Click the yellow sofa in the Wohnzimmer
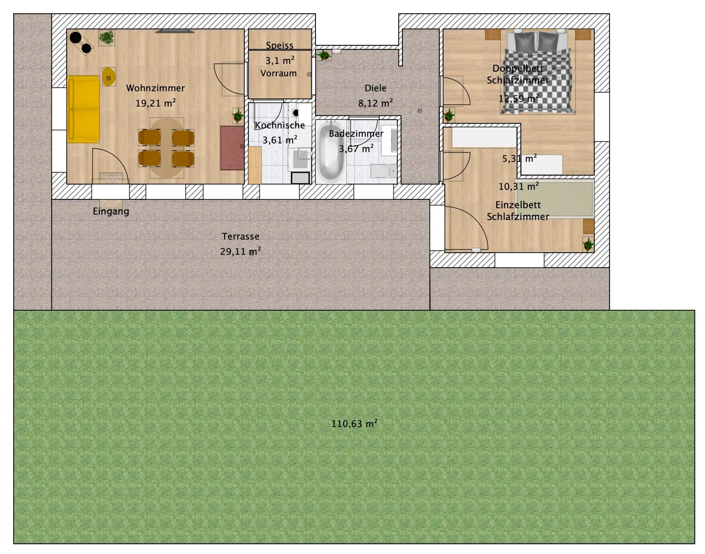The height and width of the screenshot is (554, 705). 83,109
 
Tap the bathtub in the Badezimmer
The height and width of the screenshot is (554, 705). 331,152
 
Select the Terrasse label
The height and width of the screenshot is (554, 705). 241,236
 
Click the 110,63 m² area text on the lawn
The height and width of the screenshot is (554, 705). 354,424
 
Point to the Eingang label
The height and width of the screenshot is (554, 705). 111,211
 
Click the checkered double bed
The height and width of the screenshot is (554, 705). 538,73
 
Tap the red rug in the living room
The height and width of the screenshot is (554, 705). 232,148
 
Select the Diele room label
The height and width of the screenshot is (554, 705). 375,88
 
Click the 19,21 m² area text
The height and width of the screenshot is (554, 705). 155,103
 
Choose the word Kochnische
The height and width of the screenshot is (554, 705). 280,125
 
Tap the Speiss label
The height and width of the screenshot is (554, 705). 280,46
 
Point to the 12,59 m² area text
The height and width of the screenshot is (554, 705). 518,98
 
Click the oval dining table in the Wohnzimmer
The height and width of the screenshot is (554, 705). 166,148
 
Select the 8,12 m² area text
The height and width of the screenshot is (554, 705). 375,103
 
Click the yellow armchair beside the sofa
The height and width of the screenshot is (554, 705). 109,77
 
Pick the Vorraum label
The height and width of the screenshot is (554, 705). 279,73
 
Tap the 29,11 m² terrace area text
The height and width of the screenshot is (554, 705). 241,251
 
